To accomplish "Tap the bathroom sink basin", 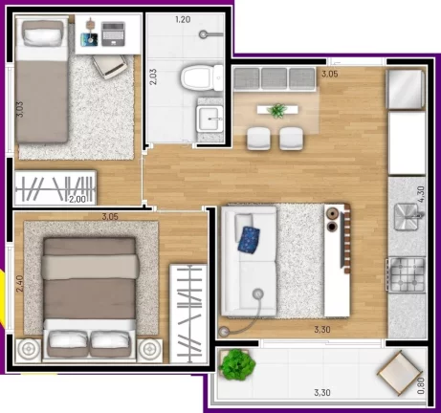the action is pos(209,119).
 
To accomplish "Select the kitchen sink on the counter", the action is pos(408,217).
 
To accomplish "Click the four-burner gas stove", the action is pos(406,274).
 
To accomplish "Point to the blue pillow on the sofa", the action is pos(249,240).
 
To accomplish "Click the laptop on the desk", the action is pos(113,33).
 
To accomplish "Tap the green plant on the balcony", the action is pos(237,364).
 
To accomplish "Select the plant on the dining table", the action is pos(277,111).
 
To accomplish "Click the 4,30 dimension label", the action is pos(421,194).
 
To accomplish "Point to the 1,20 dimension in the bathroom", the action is pos(183,20).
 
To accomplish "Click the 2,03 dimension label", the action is pos(153,76).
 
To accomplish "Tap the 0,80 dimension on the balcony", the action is pos(421,385).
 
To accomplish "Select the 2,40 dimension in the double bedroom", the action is pos(20,284).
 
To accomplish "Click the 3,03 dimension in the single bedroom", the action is pos(20,109).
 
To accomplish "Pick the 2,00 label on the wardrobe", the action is pos(77,199).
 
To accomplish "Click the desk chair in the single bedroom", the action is pos(110,66).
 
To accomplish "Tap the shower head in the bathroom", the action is pos(203,34).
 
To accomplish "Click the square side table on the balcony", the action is pos(400,373).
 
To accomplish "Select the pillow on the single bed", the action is pos(42,36).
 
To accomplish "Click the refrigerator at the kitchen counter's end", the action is pos(406,89).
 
